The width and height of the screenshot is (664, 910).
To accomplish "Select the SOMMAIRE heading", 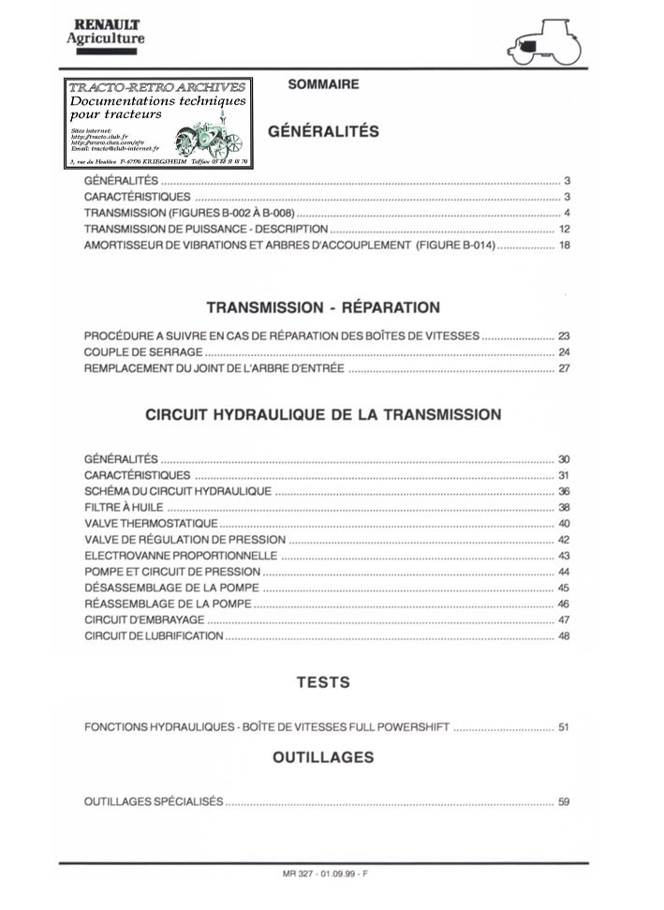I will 323,84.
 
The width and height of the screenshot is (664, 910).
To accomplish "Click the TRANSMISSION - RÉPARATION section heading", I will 323,307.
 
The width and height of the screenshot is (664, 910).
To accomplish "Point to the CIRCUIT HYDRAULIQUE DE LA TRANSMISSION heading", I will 323,414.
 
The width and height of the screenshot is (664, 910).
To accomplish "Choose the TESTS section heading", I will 323,682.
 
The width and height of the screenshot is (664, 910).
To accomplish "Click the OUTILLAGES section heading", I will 323,756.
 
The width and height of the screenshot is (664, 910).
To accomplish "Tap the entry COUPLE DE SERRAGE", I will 143,352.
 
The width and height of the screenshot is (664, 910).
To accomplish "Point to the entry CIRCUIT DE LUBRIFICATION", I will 154,636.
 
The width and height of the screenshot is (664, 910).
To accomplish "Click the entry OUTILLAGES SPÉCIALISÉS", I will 154,802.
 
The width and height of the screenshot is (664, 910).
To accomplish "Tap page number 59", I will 564,802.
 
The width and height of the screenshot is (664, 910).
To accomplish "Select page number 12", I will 564,230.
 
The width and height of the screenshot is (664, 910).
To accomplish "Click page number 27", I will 564,368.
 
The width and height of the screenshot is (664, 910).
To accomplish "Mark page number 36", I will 564,491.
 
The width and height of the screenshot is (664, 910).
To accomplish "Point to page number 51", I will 564,727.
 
